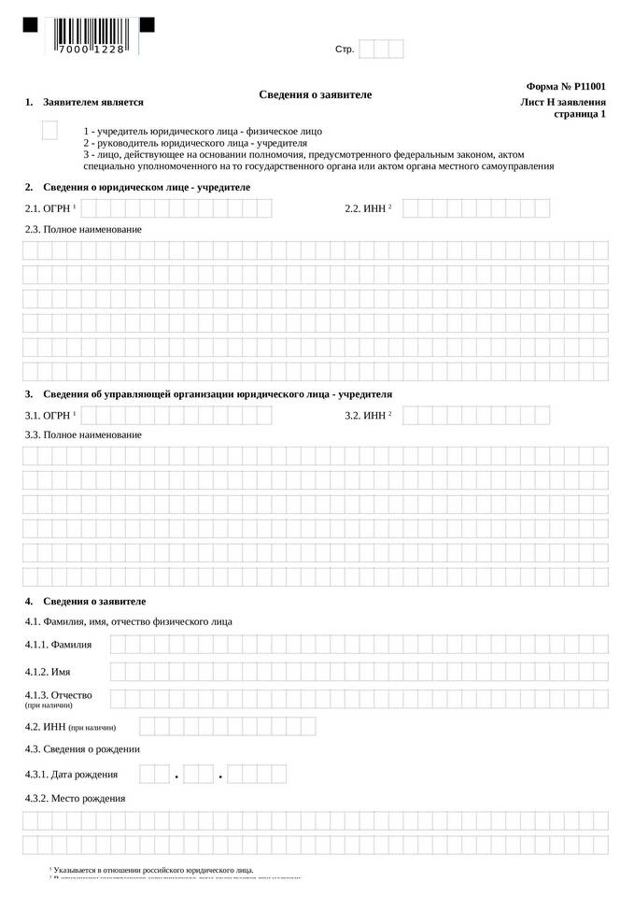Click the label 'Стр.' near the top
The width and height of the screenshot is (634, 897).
tap(345, 49)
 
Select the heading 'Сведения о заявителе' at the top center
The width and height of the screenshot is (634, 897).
tap(315, 95)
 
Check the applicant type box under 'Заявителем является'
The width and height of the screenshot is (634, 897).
tap(49, 131)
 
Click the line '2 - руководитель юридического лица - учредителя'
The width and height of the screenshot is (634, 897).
tap(195, 144)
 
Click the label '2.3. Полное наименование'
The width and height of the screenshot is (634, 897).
tap(83, 229)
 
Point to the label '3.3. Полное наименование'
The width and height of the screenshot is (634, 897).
tap(83, 435)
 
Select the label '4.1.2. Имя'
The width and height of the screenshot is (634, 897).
tap(48, 672)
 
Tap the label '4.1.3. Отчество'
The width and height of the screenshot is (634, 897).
tap(58, 695)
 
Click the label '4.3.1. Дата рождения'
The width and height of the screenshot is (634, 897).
tap(71, 775)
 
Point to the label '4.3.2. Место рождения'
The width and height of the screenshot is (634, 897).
tap(75, 799)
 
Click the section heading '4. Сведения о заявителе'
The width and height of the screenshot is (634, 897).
tap(93, 602)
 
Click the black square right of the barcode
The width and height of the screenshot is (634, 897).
tap(147, 25)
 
